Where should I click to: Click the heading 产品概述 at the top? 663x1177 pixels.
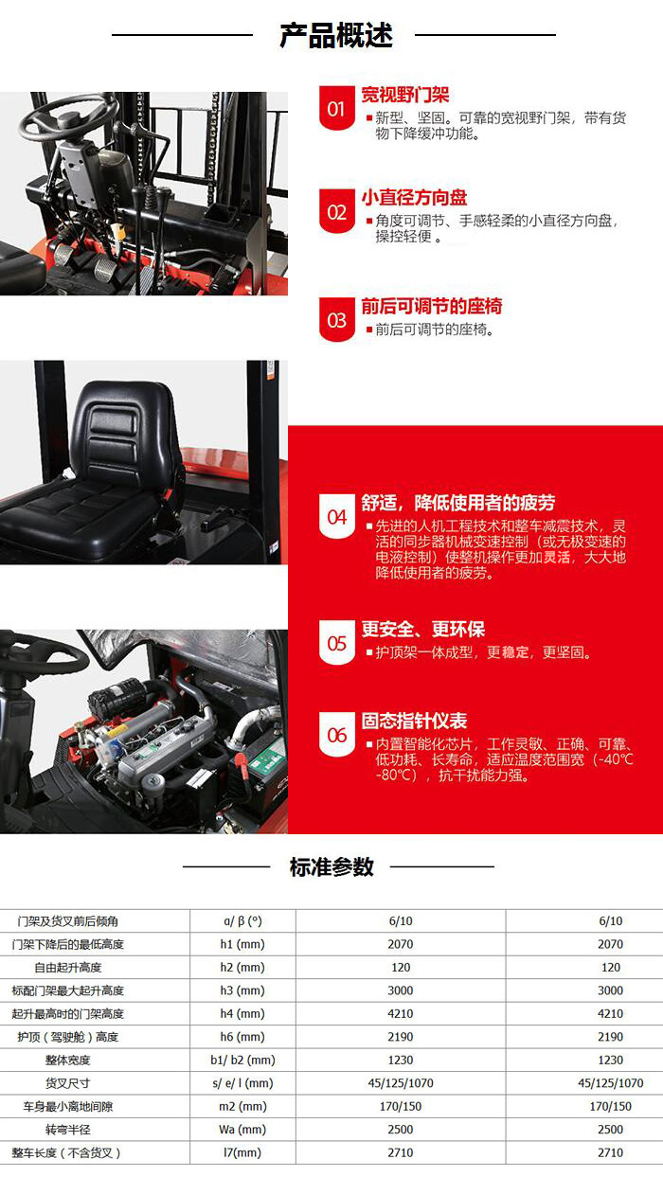335,35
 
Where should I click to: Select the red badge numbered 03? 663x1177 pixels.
337,320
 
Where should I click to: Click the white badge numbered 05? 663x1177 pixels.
337,644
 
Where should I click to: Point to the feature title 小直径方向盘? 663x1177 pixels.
414,198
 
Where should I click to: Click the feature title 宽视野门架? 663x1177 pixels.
404,95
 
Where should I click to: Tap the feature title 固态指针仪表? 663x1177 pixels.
414,722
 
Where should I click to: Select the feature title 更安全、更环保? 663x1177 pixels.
422,630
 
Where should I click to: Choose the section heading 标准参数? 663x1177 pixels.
331,866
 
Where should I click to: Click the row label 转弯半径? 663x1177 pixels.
68,1130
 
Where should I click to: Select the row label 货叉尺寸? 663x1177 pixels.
68,1083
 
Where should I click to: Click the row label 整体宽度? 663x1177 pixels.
68,1061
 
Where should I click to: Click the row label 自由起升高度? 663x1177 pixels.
68,968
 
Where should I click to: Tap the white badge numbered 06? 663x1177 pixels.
337,736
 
